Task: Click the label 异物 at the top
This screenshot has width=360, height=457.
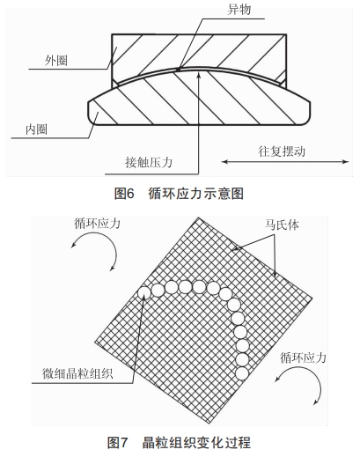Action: pos(239,10)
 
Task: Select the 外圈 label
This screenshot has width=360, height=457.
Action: pos(56,61)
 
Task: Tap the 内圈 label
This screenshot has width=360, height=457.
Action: pos(36,129)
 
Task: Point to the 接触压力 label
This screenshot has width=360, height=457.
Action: pos(149,162)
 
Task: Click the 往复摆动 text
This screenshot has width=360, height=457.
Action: pos(282,151)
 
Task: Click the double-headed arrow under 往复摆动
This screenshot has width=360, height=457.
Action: pos(285,161)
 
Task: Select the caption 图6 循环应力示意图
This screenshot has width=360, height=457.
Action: pos(179,194)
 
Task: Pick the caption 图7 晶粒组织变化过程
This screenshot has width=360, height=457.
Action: pos(179,442)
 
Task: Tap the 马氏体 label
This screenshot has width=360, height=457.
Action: pos(282,225)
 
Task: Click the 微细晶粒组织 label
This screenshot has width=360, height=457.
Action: pos(77,373)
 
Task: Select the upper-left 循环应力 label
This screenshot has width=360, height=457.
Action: pos(97,224)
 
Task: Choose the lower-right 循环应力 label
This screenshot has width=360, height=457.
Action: pos(303,357)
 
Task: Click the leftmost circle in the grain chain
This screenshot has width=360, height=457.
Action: pos(144,292)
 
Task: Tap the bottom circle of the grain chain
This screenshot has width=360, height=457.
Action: pos(242,373)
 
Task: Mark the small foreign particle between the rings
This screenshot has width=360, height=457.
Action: pos(178,70)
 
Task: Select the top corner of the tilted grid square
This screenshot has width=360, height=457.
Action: pos(198,217)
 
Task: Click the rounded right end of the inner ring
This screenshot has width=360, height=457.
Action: pos(309,112)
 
